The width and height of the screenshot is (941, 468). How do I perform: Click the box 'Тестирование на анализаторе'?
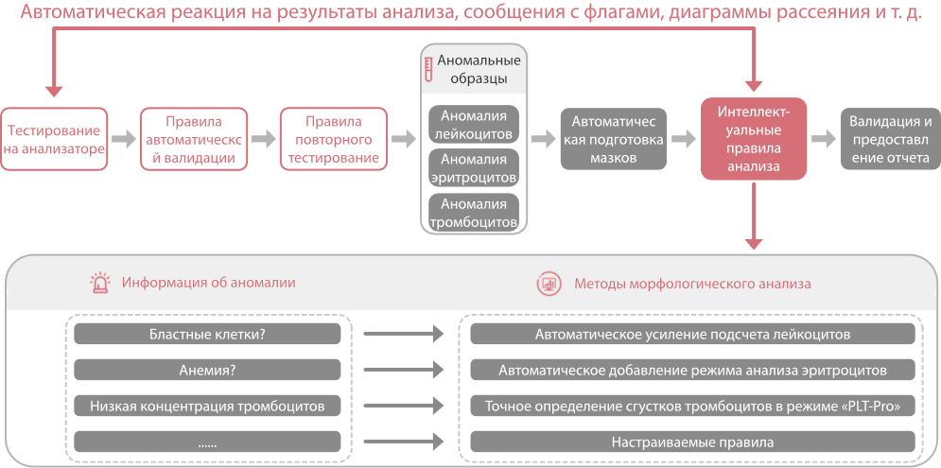[54, 139]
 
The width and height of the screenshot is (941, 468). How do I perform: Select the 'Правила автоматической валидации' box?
[194, 139]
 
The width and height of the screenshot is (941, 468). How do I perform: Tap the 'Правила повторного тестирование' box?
[334, 139]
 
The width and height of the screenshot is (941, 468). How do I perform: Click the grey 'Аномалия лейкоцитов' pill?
[474, 124]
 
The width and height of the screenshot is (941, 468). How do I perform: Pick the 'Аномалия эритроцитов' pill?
[474, 168]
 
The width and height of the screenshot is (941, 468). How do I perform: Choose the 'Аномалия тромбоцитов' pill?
[474, 213]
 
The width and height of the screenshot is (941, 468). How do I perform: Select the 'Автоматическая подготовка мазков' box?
[614, 139]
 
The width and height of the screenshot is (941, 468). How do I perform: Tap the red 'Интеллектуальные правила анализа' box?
[754, 139]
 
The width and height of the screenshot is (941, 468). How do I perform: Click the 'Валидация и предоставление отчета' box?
[891, 139]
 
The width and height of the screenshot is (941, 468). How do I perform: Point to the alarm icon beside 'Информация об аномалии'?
[99, 282]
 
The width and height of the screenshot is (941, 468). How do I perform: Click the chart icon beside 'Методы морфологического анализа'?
[549, 282]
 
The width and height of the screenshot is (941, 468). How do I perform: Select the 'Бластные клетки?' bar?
[207, 334]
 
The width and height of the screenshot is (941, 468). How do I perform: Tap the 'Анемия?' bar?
[207, 370]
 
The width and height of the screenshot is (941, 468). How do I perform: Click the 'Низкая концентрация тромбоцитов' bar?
[207, 406]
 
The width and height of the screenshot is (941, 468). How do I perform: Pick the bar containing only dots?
[207, 442]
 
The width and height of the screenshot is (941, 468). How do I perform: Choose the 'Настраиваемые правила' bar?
[692, 442]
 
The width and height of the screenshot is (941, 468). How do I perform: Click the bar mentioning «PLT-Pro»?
[692, 406]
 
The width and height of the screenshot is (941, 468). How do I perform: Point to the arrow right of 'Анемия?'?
[404, 370]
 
